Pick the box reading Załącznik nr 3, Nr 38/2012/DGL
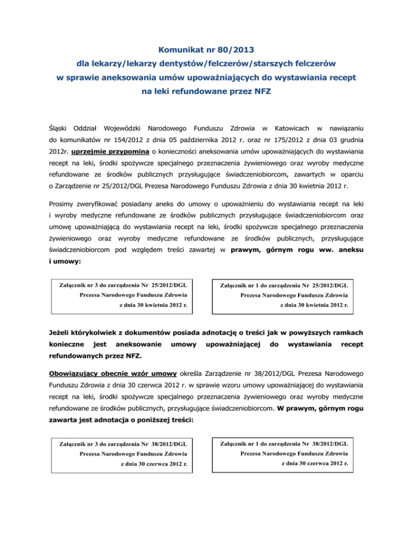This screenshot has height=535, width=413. click(x=122, y=455)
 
